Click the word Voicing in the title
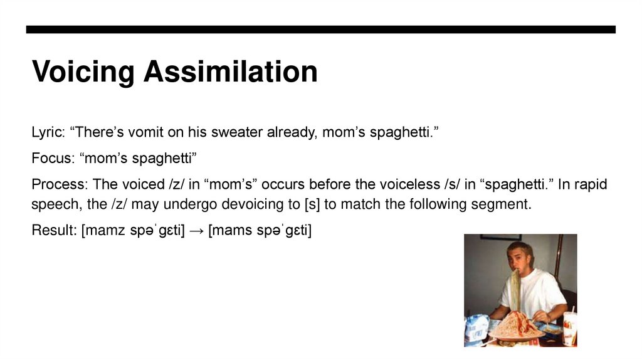coord(83,73)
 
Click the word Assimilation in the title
coord(230,73)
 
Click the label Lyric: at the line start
coord(48,133)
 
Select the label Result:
coord(54,230)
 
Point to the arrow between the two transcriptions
coord(197,230)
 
